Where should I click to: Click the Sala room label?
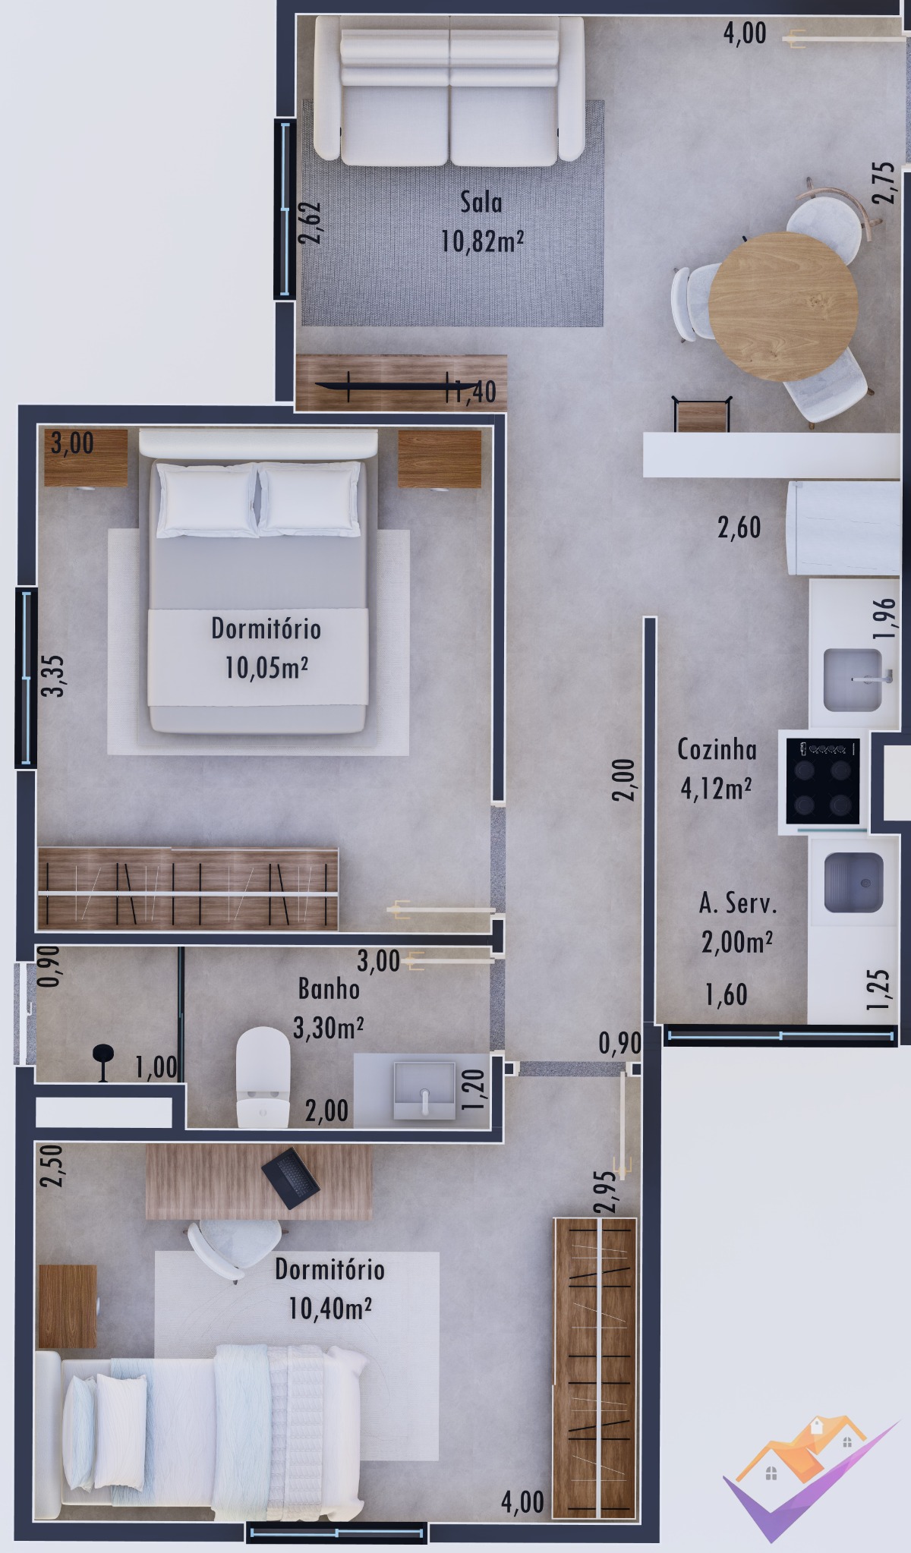(x=481, y=202)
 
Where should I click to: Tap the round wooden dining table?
(x=783, y=307)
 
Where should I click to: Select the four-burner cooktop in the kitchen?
(x=823, y=781)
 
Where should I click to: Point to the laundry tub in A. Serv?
(x=853, y=883)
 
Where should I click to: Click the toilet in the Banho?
(x=263, y=1077)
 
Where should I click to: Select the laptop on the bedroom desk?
(x=290, y=1178)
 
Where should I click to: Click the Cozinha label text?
(x=717, y=750)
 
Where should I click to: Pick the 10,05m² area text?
(x=266, y=668)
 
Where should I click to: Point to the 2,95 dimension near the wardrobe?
(x=604, y=1192)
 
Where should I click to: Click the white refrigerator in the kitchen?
(x=843, y=528)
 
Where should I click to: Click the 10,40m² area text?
(x=330, y=1308)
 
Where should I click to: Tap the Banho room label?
(x=329, y=989)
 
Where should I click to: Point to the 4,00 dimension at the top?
(x=745, y=33)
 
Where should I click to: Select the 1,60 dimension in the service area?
(x=726, y=994)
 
